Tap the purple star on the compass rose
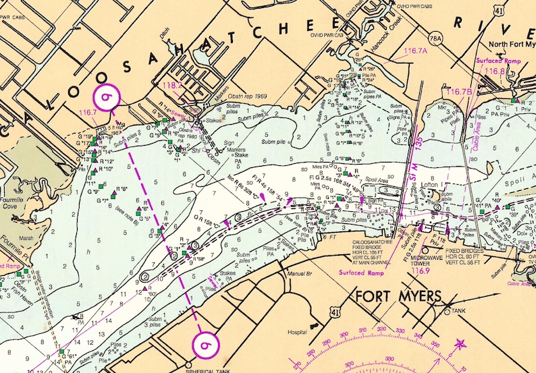pos(461,344)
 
